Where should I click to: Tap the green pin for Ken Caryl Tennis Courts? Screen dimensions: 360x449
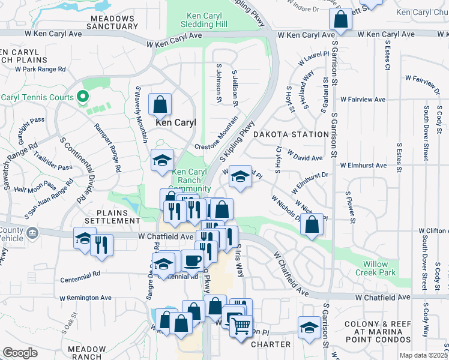[83, 97]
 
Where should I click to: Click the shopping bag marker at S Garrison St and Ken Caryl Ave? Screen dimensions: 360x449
[340, 19]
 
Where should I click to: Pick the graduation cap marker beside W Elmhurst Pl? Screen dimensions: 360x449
[240, 177]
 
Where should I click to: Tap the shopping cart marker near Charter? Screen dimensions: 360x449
[241, 326]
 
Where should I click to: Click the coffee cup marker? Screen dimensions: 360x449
[192, 260]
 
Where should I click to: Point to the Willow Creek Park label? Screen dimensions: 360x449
[379, 268]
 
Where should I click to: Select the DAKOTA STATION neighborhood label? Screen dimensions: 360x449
[291, 134]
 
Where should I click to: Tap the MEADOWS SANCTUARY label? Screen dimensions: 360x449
[112, 23]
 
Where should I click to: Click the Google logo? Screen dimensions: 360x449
[20, 352]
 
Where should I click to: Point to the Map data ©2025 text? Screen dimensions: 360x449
[423, 355]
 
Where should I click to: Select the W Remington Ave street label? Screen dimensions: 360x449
[85, 298]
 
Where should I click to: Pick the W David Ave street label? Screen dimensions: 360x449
[306, 158]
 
